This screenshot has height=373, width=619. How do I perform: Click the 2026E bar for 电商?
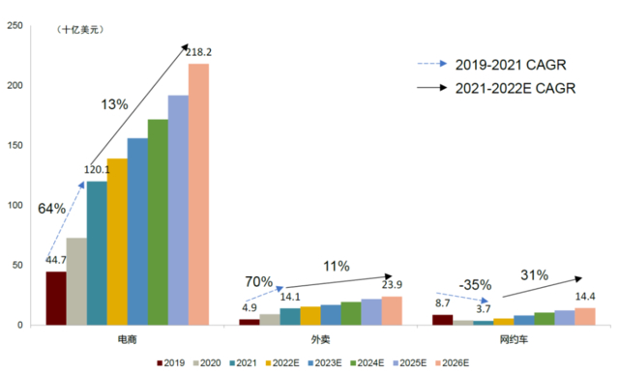[x=198, y=193]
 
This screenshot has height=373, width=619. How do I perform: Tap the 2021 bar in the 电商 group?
[x=97, y=252]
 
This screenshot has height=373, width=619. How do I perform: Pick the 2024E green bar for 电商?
[x=158, y=221]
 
